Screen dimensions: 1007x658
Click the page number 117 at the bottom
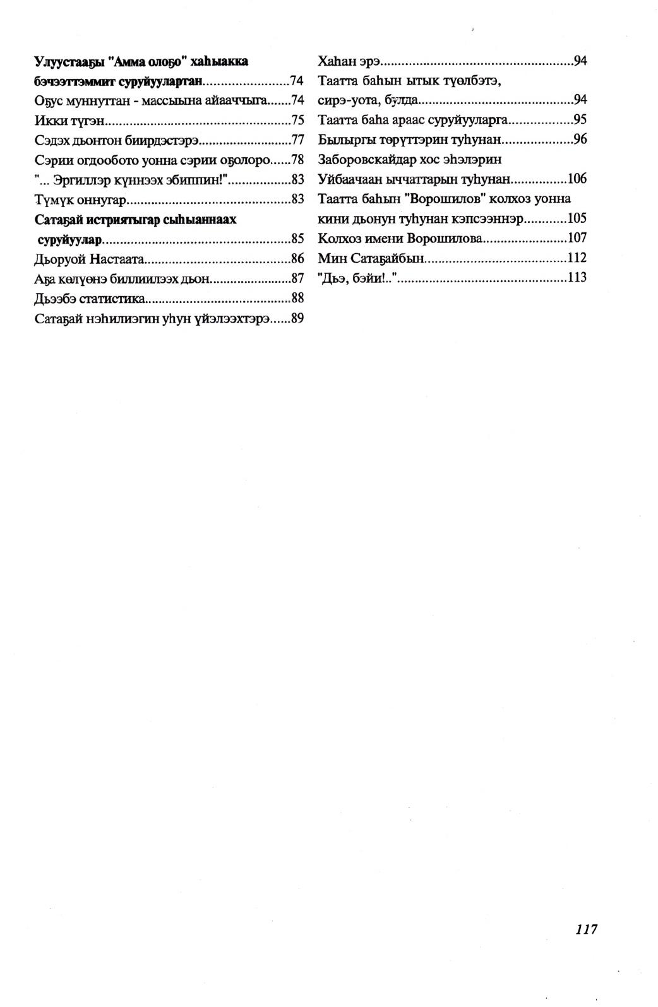(x=586, y=929)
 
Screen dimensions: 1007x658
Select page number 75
(x=298, y=121)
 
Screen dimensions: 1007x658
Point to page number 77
(x=298, y=140)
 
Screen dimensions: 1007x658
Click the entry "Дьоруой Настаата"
(x=90, y=259)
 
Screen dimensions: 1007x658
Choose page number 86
(x=298, y=259)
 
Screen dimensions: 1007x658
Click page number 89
(x=298, y=319)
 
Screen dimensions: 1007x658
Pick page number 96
(x=580, y=140)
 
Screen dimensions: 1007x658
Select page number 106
(x=577, y=179)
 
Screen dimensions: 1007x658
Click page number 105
(x=577, y=219)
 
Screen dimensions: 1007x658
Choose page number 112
(x=577, y=258)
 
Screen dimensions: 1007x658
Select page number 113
(x=577, y=278)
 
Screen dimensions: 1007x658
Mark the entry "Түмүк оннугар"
(x=81, y=200)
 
